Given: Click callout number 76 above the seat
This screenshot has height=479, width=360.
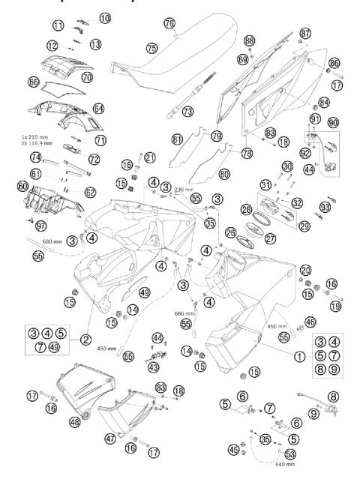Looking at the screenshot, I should coord(169,23).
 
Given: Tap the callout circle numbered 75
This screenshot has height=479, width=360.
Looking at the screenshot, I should coord(151,47).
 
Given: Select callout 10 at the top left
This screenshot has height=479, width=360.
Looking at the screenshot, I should coord(104,16).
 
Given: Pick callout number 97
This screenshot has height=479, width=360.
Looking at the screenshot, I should coord(41,226).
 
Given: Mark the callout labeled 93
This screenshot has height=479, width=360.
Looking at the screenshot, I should coord(324,207).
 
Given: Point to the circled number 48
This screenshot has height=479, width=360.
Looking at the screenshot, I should coord(73,422).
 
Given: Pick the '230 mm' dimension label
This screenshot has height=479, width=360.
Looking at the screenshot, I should coord(184,190).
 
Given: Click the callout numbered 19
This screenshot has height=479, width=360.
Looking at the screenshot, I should coord(336,306).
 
